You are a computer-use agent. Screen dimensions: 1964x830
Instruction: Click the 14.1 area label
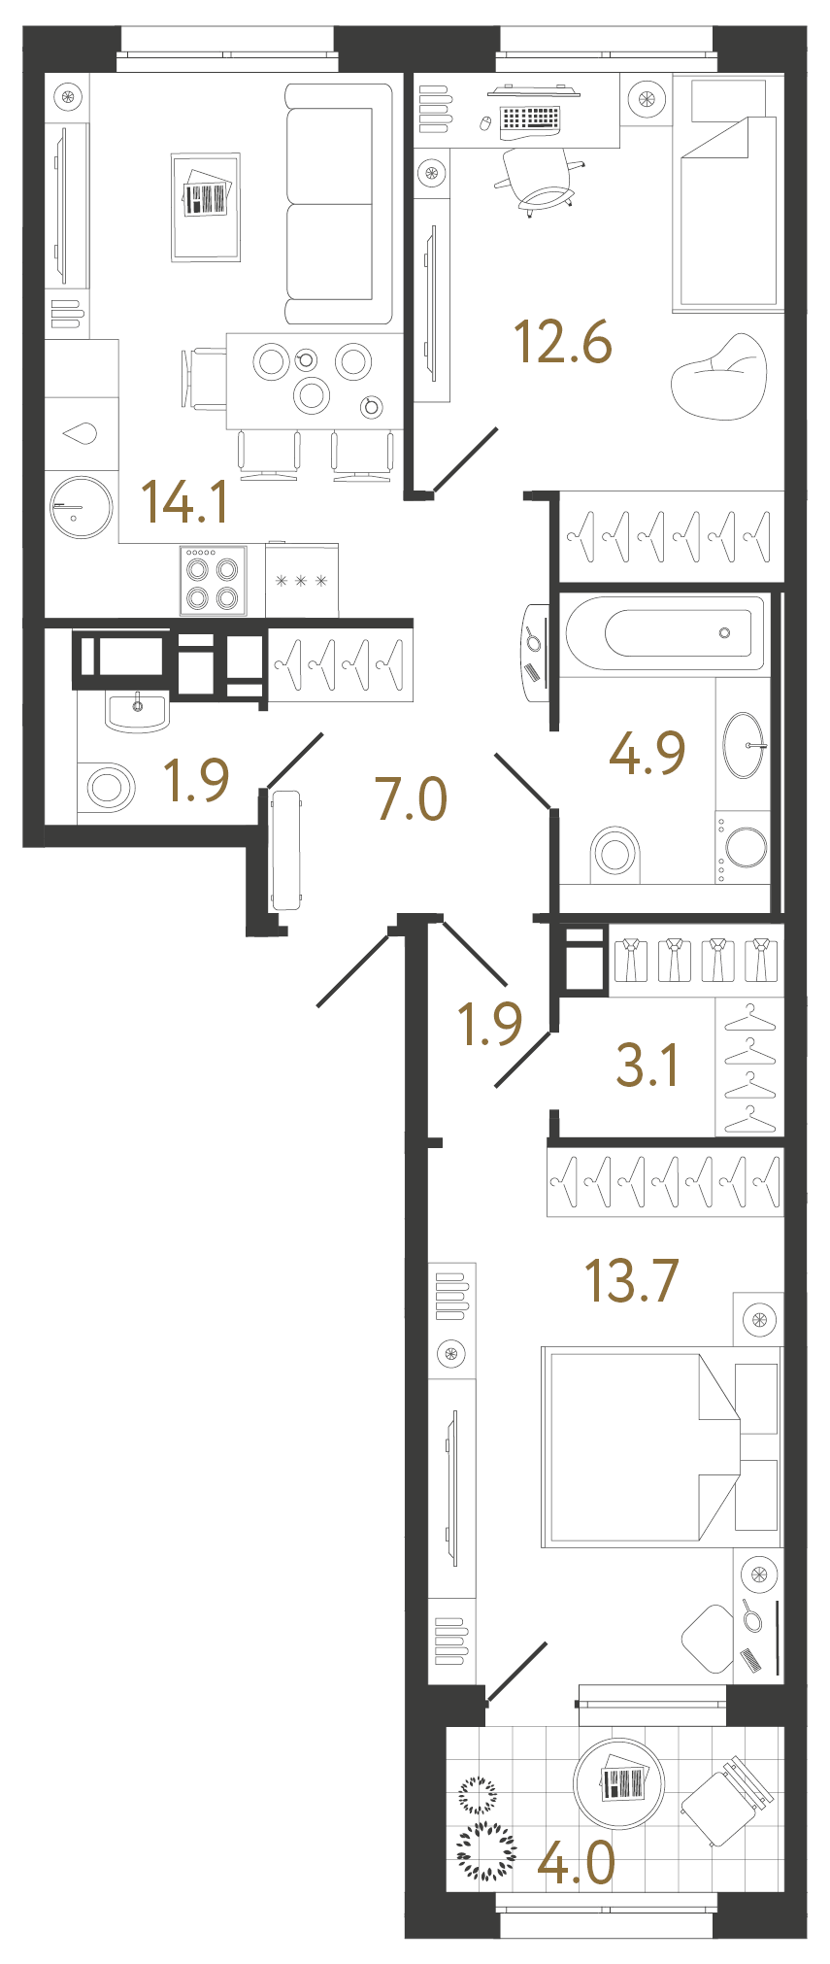(x=185, y=502)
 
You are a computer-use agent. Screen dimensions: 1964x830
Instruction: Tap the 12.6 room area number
(x=562, y=342)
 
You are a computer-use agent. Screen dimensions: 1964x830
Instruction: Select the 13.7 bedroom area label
(x=631, y=1280)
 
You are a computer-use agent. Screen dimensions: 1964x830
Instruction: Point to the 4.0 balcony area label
(x=577, y=1863)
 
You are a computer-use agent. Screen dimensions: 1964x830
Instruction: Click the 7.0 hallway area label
(x=412, y=798)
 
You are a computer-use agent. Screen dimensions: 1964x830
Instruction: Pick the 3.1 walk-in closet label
(x=647, y=1065)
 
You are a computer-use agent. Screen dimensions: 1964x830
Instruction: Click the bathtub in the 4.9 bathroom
(x=665, y=633)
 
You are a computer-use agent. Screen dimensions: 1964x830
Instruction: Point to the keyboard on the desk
(x=530, y=119)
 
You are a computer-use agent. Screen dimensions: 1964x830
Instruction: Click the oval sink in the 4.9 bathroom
(x=744, y=745)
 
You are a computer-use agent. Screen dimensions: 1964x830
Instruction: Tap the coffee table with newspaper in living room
(x=206, y=207)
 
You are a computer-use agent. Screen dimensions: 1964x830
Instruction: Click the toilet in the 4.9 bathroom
(x=615, y=853)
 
